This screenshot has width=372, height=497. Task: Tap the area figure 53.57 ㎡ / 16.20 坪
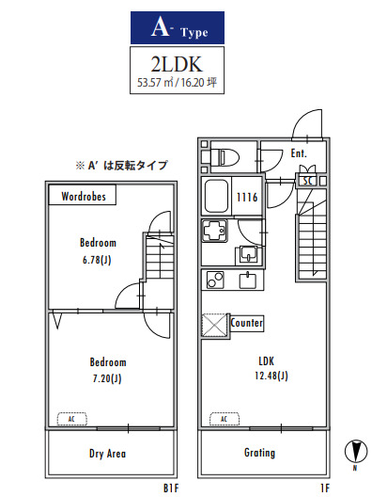click(185, 85)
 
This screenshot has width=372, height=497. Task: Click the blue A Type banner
click(185, 28)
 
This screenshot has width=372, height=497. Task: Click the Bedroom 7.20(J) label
click(107, 369)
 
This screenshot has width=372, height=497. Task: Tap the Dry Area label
click(108, 454)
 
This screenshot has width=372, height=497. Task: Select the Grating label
click(259, 453)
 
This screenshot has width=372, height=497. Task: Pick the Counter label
click(246, 323)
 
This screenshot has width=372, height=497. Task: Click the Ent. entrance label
click(300, 152)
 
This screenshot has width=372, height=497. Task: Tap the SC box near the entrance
click(307, 180)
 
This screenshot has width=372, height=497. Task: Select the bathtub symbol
click(217, 197)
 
